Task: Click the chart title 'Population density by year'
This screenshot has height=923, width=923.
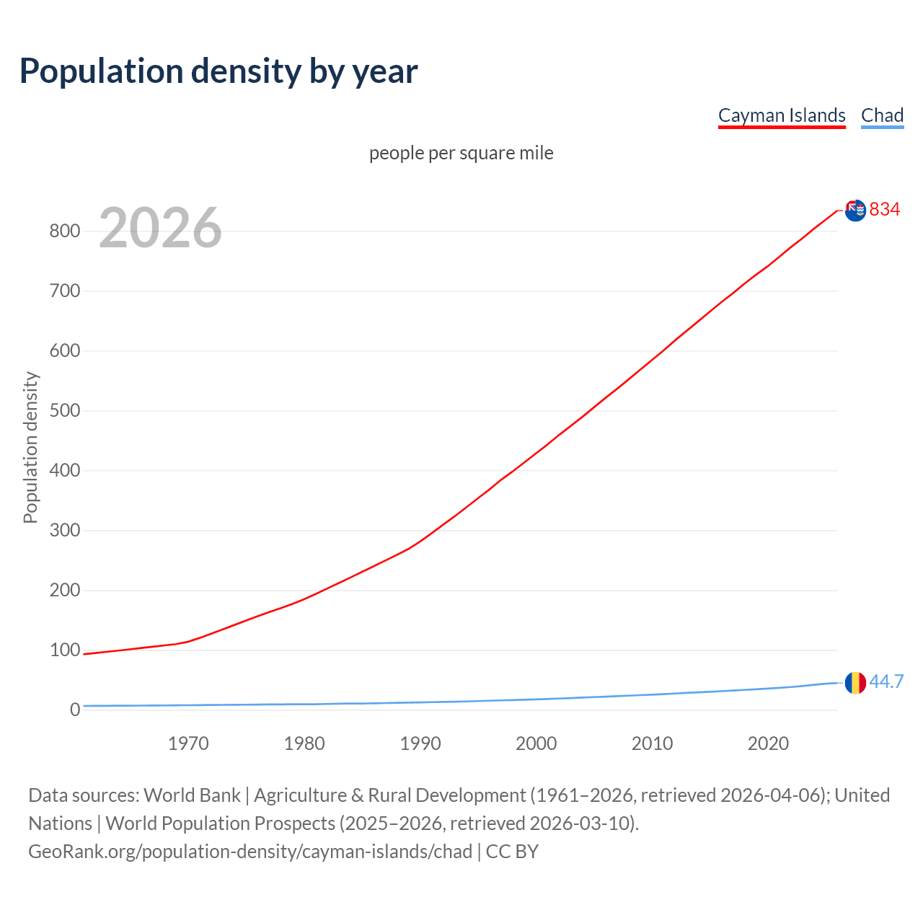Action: pyautogui.click(x=218, y=71)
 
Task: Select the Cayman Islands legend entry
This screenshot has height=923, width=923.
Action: pyautogui.click(x=782, y=115)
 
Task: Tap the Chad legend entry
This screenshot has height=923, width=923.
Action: pyautogui.click(x=882, y=115)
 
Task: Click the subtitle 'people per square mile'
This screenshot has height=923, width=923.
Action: pyautogui.click(x=461, y=153)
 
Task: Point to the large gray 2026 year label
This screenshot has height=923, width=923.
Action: pyautogui.click(x=160, y=228)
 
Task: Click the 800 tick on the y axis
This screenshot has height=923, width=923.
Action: pyautogui.click(x=64, y=231)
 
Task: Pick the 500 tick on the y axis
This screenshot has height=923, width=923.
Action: pyautogui.click(x=64, y=411)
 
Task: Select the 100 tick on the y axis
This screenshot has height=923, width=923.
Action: pyautogui.click(x=64, y=650)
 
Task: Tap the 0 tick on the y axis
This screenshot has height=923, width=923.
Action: pyautogui.click(x=75, y=710)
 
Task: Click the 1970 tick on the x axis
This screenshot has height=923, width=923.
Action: pyautogui.click(x=188, y=743)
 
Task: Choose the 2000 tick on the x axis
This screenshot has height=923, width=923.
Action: pyautogui.click(x=536, y=743)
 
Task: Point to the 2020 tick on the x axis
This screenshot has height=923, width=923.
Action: pyautogui.click(x=768, y=743)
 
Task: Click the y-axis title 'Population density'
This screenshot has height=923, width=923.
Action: pyautogui.click(x=30, y=447)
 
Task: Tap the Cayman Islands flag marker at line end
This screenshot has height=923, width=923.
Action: pyautogui.click(x=855, y=211)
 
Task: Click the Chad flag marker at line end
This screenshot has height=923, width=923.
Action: pyautogui.click(x=855, y=682)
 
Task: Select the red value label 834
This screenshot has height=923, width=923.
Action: pyautogui.click(x=885, y=209)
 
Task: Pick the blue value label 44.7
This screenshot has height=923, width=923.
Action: pyautogui.click(x=886, y=681)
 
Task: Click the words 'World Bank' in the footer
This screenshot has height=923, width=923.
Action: pyautogui.click(x=192, y=795)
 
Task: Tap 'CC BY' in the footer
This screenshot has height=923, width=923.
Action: pyautogui.click(x=512, y=852)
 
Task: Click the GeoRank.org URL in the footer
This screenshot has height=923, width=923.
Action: pyautogui.click(x=250, y=852)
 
